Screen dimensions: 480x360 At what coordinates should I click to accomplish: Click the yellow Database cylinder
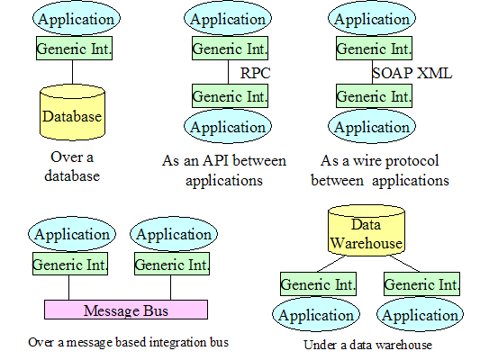pyautogui.click(x=73, y=112)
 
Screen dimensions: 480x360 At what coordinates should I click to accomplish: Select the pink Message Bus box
pyautogui.click(x=126, y=310)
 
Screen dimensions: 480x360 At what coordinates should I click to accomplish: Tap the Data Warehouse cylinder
pyautogui.click(x=367, y=230)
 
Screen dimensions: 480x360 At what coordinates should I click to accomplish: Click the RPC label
pyautogui.click(x=255, y=73)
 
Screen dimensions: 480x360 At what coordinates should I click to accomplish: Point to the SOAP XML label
pyautogui.click(x=412, y=73)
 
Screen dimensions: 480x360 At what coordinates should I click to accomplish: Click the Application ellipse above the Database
pyautogui.click(x=77, y=18)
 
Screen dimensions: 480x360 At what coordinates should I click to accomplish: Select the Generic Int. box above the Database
pyautogui.click(x=75, y=49)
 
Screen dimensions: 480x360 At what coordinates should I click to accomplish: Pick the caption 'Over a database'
pyautogui.click(x=72, y=166)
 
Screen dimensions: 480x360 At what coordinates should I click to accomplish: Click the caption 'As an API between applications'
pyautogui.click(x=224, y=170)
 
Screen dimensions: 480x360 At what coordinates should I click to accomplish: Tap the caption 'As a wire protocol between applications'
pyautogui.click(x=380, y=170)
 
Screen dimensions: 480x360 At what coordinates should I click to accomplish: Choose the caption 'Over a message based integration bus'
pyautogui.click(x=128, y=342)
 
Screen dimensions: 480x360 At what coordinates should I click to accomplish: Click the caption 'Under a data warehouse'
pyautogui.click(x=368, y=345)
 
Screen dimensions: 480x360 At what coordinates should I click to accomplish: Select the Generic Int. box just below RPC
pyautogui.click(x=231, y=96)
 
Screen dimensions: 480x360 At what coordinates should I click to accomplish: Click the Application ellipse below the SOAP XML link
pyautogui.click(x=372, y=126)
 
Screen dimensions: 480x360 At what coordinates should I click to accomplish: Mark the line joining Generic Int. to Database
pyautogui.click(x=73, y=72)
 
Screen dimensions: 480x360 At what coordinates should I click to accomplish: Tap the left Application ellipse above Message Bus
pyautogui.click(x=72, y=234)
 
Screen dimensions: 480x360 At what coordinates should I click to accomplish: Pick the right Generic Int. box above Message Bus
pyautogui.click(x=172, y=264)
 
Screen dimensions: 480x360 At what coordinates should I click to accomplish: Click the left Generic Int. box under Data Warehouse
pyautogui.click(x=319, y=283)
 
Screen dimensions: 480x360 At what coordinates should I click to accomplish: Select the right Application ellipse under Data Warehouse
pyautogui.click(x=421, y=314)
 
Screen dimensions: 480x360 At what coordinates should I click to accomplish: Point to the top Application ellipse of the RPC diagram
pyautogui.click(x=228, y=18)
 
